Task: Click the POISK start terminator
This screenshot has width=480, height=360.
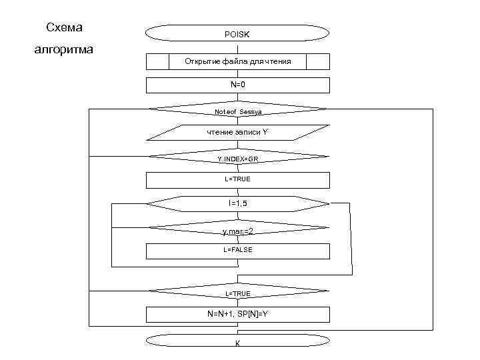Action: [x=237, y=33]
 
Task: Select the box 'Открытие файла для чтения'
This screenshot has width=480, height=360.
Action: [x=237, y=61]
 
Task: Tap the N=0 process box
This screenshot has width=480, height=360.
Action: [x=237, y=85]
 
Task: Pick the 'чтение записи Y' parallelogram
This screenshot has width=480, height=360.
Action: [x=237, y=132]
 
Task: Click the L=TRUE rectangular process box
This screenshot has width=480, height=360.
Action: [x=237, y=180]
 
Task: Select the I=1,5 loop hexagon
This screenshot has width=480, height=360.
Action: [x=237, y=203]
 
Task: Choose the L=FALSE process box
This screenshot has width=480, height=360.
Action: [x=237, y=251]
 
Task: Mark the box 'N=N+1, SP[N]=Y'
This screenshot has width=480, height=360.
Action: [x=237, y=314]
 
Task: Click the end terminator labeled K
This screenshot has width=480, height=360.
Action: [x=237, y=341]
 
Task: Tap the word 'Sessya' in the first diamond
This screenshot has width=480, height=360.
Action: [x=251, y=111]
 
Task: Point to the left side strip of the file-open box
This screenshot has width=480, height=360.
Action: [x=157, y=61]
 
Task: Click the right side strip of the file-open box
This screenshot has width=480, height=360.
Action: [x=318, y=61]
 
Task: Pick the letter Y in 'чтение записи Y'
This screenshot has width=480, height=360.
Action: [x=265, y=132]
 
